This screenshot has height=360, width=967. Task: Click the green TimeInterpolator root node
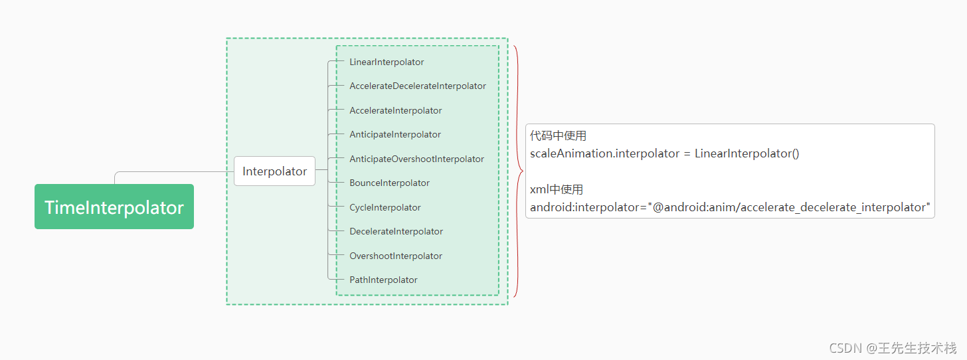pyautogui.click(x=114, y=207)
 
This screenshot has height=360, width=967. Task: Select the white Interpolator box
pyautogui.click(x=274, y=171)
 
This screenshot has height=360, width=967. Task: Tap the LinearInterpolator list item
pyautogui.click(x=387, y=62)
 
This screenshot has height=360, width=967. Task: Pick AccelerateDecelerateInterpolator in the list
pyautogui.click(x=418, y=86)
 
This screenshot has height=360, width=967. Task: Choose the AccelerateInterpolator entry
pyautogui.click(x=395, y=110)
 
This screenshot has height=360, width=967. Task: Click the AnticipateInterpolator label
pyautogui.click(x=395, y=135)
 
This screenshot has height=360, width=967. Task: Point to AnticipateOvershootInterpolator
pyautogui.click(x=416, y=159)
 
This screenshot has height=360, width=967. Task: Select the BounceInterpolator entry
pyautogui.click(x=389, y=183)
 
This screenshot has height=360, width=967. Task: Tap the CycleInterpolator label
pyautogui.click(x=385, y=208)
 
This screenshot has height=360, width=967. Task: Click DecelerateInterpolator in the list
pyautogui.click(x=396, y=231)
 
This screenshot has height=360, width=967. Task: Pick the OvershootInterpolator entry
pyautogui.click(x=396, y=256)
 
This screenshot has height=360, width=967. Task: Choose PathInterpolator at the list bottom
pyautogui.click(x=383, y=280)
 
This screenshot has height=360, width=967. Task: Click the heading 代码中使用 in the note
pyautogui.click(x=558, y=136)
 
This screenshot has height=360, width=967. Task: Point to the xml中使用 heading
pyautogui.click(x=557, y=189)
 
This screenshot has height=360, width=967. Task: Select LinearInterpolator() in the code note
pyautogui.click(x=747, y=153)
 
